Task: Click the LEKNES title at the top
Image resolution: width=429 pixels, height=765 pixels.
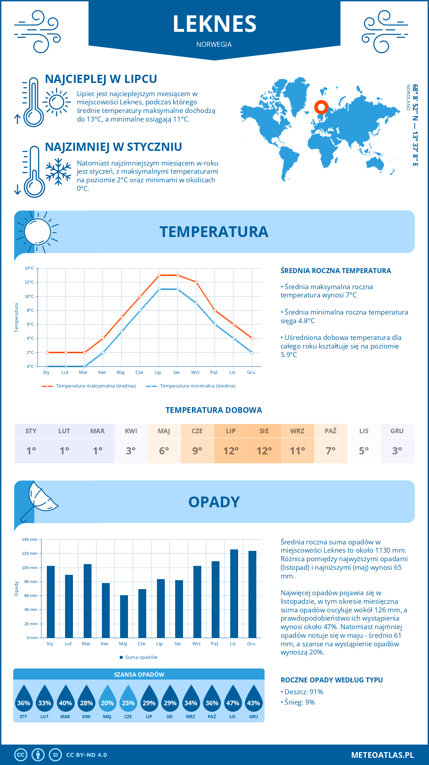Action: tap(214, 24)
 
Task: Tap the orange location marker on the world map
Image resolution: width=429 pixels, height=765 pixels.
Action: tap(321, 107)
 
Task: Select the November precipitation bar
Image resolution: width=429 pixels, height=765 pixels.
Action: tap(234, 593)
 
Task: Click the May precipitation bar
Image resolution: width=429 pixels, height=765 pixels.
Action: tap(124, 616)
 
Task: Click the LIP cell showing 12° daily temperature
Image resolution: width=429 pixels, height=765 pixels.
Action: tap(231, 450)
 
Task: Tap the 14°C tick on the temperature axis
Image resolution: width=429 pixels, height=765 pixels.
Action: tap(29, 268)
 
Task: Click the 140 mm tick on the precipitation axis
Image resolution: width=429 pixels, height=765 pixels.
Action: tap(30, 539)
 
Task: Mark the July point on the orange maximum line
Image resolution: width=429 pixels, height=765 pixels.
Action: tap(159, 275)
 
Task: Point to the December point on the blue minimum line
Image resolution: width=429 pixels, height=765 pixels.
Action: tap(252, 352)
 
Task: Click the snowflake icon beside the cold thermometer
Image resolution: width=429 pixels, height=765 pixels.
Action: tap(58, 172)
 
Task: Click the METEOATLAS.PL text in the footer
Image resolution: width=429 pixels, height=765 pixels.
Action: tap(382, 755)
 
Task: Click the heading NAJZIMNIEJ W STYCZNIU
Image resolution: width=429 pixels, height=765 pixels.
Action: tap(113, 147)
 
